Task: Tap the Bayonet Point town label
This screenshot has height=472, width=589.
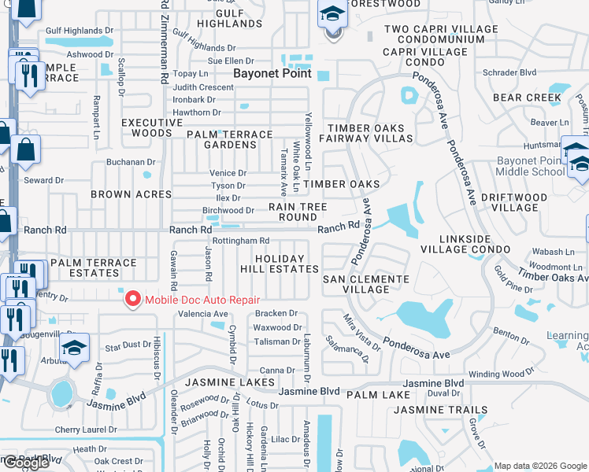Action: [x=272, y=73]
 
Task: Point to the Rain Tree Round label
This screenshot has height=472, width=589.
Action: [x=298, y=212]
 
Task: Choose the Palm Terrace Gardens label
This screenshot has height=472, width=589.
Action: [x=229, y=139]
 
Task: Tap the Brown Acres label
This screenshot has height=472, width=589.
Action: [x=131, y=194]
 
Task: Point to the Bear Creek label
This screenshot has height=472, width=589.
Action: [x=527, y=98]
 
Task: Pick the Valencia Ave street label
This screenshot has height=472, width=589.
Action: [x=203, y=313]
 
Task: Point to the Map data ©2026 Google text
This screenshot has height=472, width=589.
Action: [x=539, y=466]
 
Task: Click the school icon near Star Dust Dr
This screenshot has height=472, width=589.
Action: [x=75, y=347]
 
